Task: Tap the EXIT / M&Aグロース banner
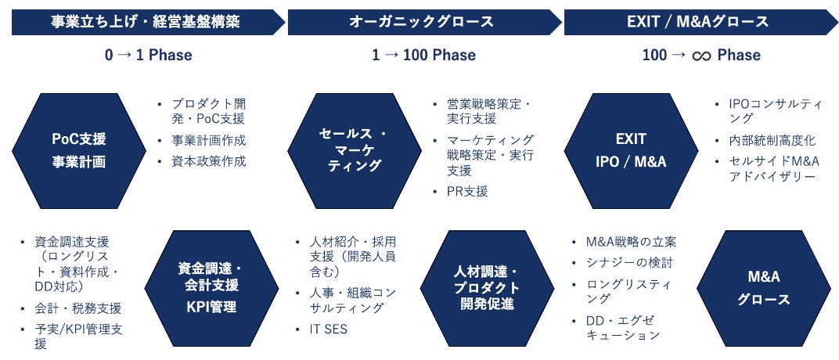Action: tap(699, 22)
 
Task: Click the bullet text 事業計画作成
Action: tap(208, 141)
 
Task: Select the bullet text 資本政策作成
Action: tap(208, 161)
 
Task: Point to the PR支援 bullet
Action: tap(467, 192)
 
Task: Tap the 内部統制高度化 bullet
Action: tap(772, 141)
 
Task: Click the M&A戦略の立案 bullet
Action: tap(631, 241)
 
